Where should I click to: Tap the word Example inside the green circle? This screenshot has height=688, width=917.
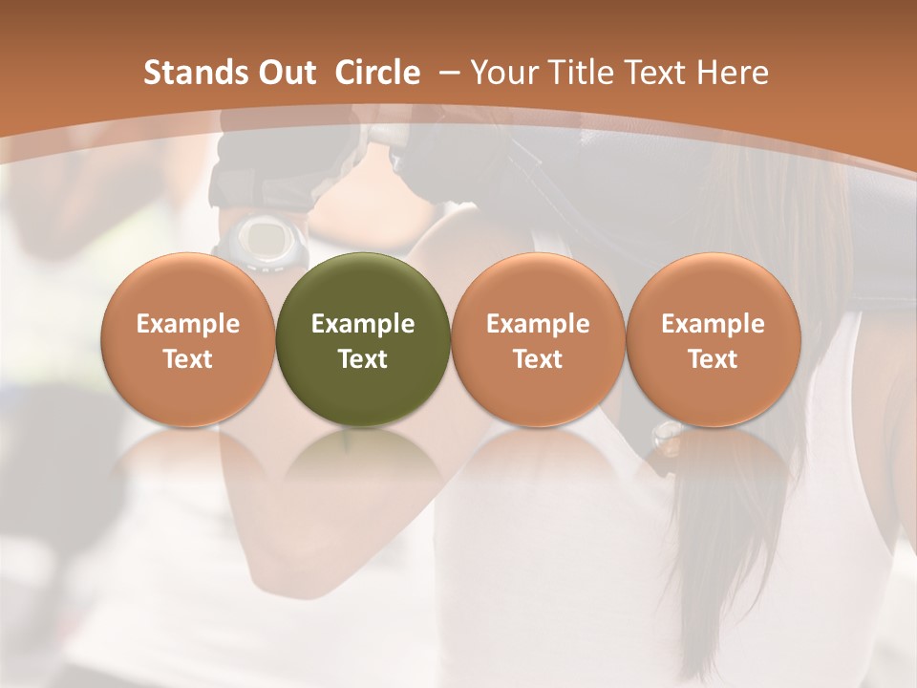tap(363, 324)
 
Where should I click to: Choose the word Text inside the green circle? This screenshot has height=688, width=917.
tap(363, 359)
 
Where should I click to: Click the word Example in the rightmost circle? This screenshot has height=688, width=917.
tap(713, 324)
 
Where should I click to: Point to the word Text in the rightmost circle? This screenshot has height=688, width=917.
tap(713, 359)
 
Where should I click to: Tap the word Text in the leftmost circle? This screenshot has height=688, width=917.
tap(188, 359)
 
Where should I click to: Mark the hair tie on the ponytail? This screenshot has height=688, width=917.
tap(666, 435)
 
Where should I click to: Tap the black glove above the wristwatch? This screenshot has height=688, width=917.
tap(263, 172)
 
